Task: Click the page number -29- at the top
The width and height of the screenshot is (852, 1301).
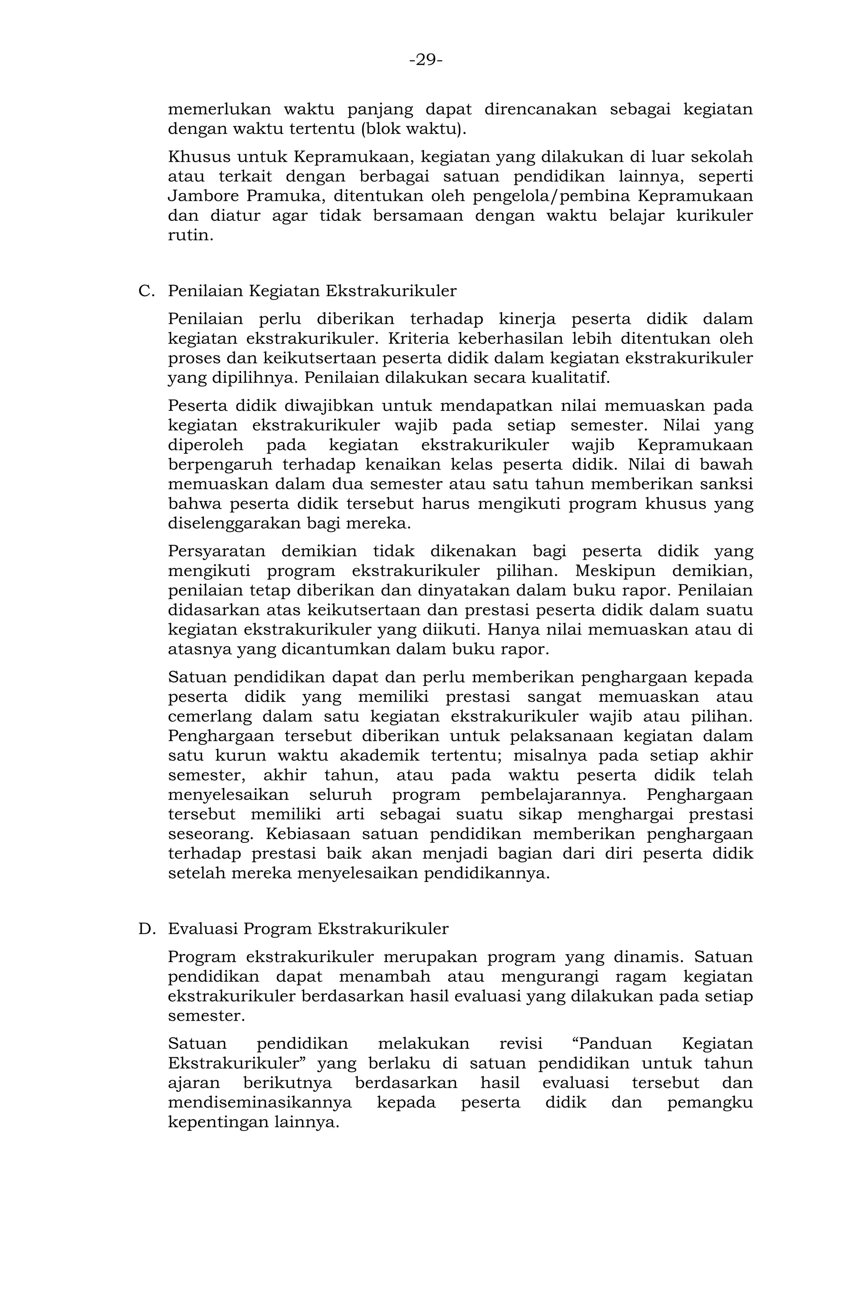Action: (426, 59)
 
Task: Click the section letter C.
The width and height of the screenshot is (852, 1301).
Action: (146, 291)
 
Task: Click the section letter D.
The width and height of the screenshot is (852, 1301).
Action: (146, 929)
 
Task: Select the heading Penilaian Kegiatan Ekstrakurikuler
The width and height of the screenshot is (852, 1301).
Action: (312, 291)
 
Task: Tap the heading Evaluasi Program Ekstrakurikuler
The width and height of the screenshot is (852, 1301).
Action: (308, 929)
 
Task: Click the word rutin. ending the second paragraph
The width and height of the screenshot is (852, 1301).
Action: (190, 235)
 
